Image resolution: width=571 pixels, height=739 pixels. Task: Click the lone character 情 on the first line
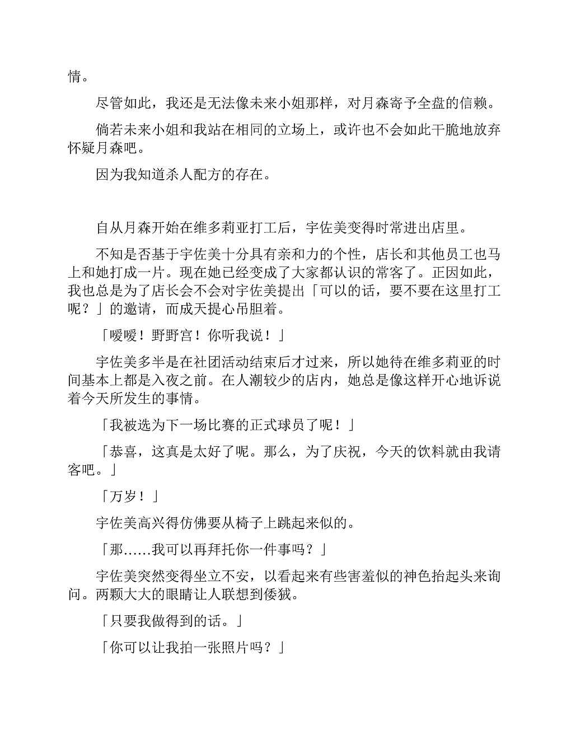pos(74,76)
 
